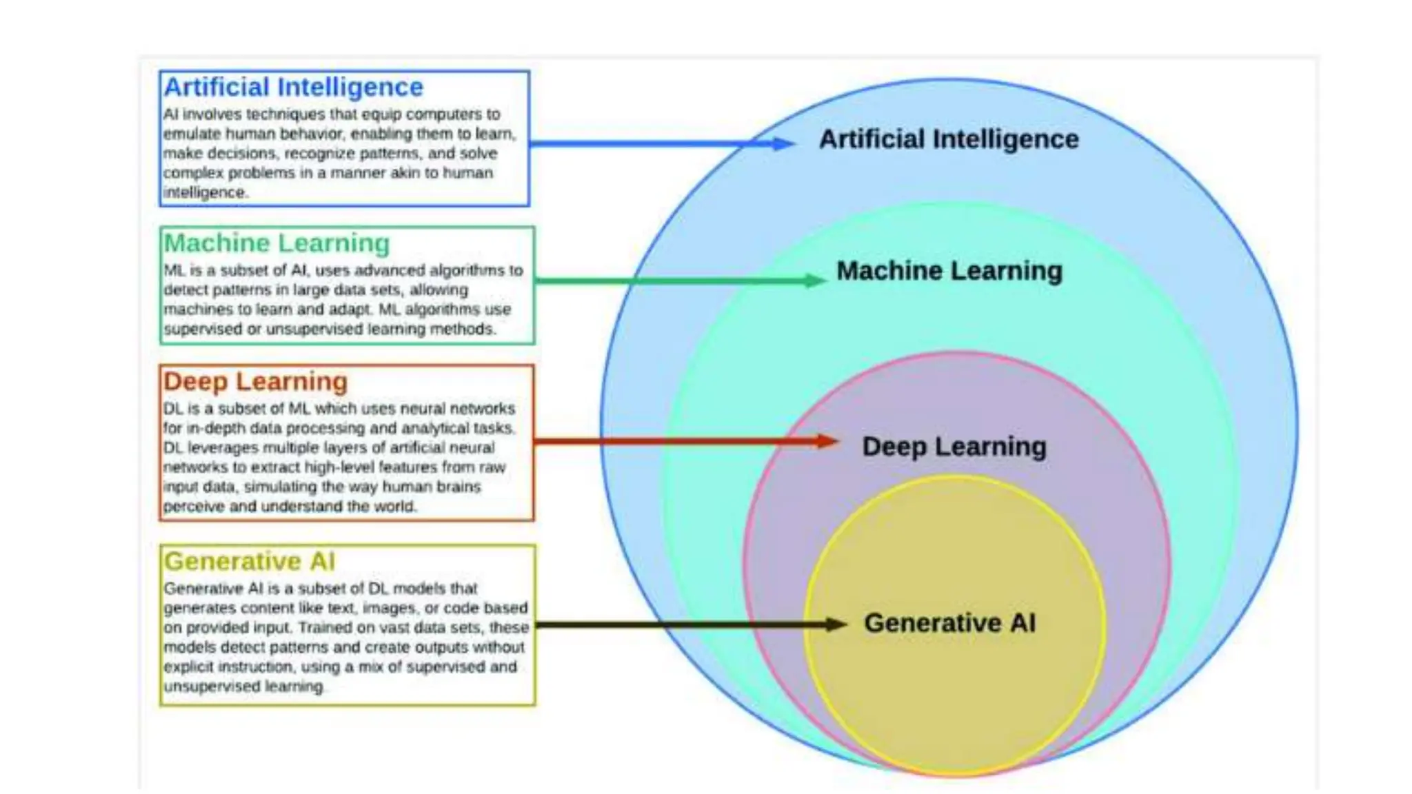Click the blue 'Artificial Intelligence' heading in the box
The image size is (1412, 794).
coord(293,88)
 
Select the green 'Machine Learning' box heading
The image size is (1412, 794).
coord(276,243)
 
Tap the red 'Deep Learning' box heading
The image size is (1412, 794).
coord(255,382)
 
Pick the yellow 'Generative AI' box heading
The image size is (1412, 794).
coord(250,562)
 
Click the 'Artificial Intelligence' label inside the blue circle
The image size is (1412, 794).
coord(949,139)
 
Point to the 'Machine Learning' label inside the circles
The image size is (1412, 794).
coord(949,271)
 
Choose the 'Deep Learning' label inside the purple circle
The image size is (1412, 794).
coord(954,447)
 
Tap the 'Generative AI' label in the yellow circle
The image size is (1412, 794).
coord(949,623)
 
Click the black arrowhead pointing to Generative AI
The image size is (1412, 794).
coord(835,624)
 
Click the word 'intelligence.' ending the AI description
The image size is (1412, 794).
coord(205,192)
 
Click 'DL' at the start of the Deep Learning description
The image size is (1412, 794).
coord(172,409)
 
